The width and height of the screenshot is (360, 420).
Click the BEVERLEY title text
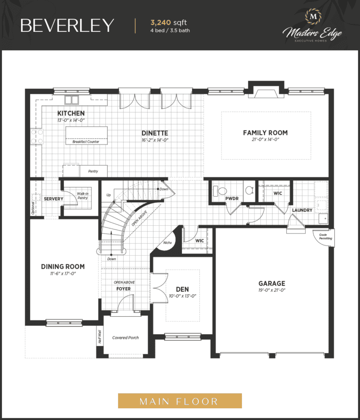(x=67, y=25)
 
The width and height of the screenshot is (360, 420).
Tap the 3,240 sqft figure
(x=168, y=23)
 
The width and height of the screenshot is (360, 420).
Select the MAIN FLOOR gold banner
(x=180, y=401)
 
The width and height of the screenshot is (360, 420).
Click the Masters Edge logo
(x=312, y=26)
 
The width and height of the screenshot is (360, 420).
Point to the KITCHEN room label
(x=71, y=113)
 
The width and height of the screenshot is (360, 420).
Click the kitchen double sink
(x=72, y=99)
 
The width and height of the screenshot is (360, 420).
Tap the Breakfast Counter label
(x=86, y=142)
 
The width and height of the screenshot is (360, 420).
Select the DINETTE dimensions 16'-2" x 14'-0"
(x=155, y=140)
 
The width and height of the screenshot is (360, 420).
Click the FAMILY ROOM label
(x=265, y=133)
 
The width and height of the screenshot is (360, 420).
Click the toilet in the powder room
(x=220, y=191)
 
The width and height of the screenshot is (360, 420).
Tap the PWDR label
(x=232, y=199)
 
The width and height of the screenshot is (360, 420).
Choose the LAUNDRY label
(x=302, y=210)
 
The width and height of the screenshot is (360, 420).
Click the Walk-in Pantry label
(x=82, y=196)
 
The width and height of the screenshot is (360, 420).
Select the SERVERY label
(x=53, y=199)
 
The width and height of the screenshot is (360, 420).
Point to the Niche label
(x=167, y=243)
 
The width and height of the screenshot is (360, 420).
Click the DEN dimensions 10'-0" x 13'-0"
(x=182, y=296)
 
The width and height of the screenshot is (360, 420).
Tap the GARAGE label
(x=272, y=283)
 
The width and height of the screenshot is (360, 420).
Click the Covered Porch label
(x=126, y=338)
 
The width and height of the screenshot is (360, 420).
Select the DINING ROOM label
(x=63, y=267)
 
